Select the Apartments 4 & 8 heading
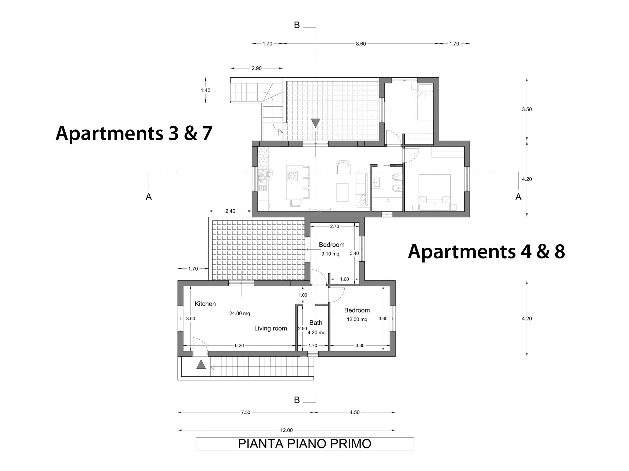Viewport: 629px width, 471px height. (486, 251)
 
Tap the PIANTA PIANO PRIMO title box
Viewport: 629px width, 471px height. (305, 444)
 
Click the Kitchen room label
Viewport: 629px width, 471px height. (205, 304)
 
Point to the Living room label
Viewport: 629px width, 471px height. (270, 329)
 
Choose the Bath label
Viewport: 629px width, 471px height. (316, 323)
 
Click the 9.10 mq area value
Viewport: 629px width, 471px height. (330, 254)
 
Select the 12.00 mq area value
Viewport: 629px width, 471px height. (357, 319)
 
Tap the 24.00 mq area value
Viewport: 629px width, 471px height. (239, 314)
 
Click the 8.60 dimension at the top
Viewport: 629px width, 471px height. (361, 44)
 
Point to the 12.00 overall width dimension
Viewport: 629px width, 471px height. (286, 430)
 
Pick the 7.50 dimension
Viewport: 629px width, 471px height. (245, 412)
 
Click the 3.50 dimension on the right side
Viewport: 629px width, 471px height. (526, 109)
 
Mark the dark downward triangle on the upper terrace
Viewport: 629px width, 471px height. (316, 123)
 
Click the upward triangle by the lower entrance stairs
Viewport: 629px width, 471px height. (201, 364)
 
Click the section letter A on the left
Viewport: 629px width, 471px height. (149, 197)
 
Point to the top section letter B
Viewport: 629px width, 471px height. (296, 25)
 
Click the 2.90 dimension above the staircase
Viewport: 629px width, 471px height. (256, 68)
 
